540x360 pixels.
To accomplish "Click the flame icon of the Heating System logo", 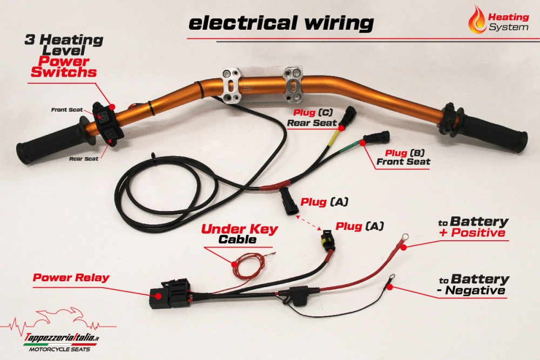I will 477,19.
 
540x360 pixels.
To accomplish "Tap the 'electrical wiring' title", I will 281,23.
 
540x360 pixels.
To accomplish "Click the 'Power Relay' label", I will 71,278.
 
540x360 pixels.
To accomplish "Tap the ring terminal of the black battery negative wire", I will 389,279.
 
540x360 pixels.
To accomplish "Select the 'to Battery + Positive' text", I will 473,227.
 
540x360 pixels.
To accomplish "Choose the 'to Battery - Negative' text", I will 473,285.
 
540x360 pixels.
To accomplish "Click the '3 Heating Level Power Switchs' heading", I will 64,56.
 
